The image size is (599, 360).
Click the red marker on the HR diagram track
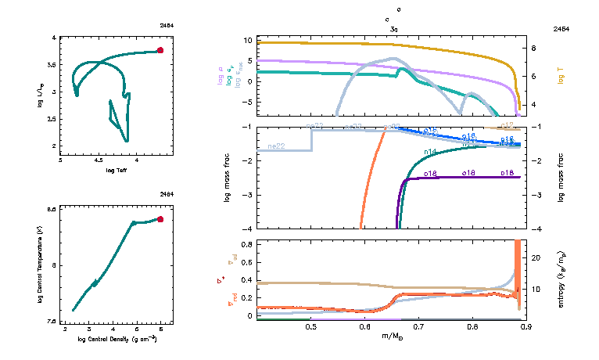point(160,50)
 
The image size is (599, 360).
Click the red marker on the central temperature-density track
point(160,219)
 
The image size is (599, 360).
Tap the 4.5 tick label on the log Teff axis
point(99,160)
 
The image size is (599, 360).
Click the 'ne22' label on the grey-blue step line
point(275,146)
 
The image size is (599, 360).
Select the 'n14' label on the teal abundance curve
point(430,151)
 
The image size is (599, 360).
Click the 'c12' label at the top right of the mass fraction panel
point(507,125)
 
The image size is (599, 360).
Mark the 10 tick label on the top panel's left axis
point(246,39)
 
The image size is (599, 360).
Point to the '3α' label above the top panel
point(394,28)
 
